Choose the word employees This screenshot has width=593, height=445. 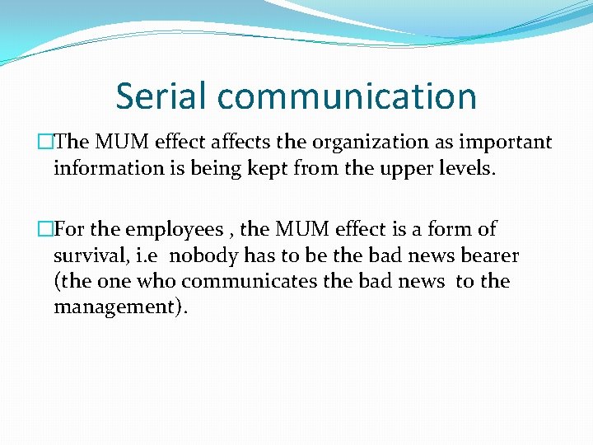(174, 230)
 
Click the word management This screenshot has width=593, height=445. (117, 308)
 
